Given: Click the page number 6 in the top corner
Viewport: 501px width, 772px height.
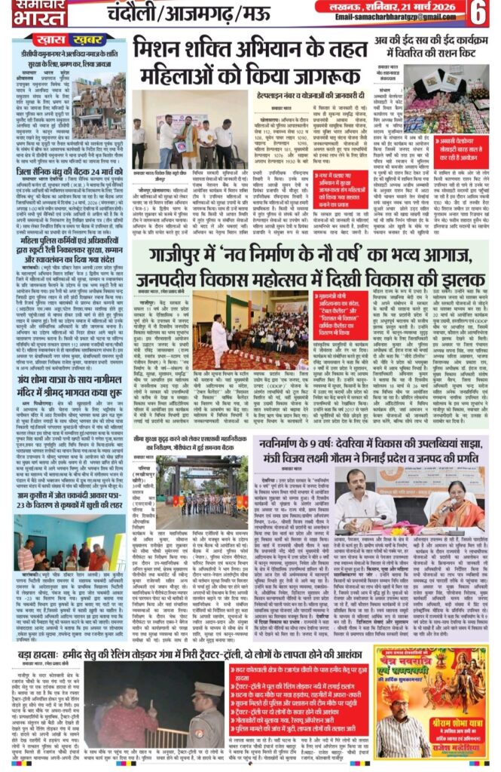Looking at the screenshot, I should click(479, 13).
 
